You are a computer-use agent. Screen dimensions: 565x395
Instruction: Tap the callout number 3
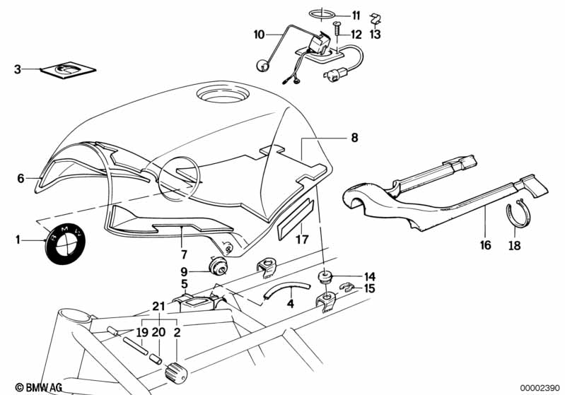coord(17,69)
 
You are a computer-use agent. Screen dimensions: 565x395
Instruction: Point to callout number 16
coord(485,245)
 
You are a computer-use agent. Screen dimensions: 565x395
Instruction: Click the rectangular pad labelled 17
coord(296,218)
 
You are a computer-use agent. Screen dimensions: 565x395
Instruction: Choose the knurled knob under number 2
coord(176,372)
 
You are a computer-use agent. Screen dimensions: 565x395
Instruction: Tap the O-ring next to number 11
coord(322,14)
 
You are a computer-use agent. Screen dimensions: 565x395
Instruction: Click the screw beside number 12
coord(337,28)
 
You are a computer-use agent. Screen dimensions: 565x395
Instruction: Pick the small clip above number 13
coord(376,18)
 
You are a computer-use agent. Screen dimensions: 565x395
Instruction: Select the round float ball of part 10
coord(262,66)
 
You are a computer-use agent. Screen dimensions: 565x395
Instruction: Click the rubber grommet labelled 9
coord(218,265)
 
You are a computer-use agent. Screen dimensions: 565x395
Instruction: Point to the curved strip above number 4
coord(287,288)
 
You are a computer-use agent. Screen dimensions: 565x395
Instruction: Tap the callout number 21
coord(158,307)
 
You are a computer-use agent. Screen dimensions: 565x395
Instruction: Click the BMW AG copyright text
coord(39,387)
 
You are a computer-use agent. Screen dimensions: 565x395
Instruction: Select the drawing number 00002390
coord(539,388)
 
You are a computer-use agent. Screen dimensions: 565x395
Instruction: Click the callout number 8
coord(354,138)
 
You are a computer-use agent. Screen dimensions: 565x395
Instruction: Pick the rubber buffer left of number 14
coord(325,278)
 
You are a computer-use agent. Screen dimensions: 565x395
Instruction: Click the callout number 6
coord(21,178)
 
